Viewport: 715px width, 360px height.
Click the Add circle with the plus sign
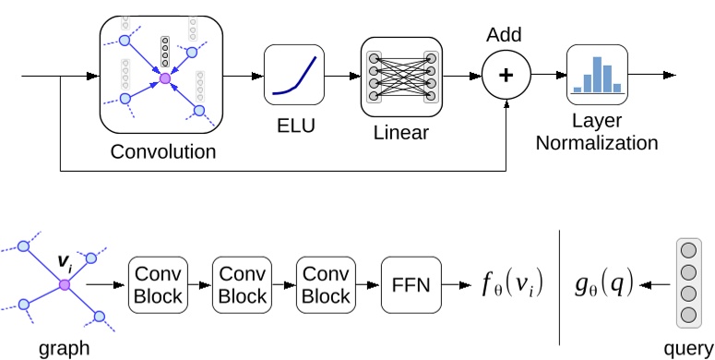(505, 75)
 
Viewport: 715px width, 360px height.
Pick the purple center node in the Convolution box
(165, 80)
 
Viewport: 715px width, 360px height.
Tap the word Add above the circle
(505, 35)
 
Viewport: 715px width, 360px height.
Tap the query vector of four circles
(686, 282)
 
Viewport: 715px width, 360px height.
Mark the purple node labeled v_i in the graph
(64, 285)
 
